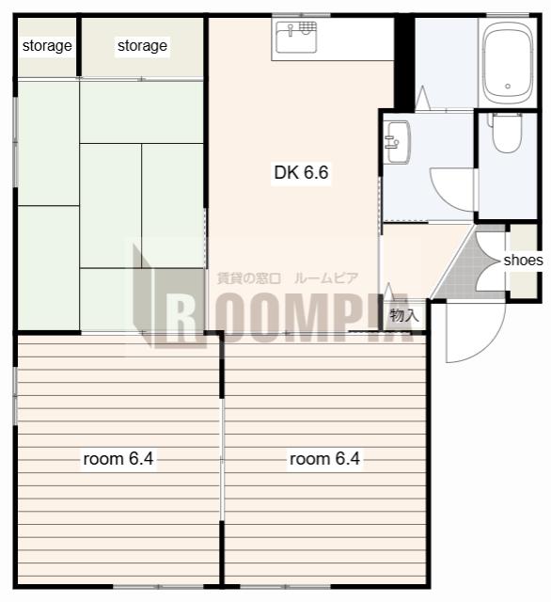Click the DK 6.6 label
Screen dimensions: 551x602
tap(301, 172)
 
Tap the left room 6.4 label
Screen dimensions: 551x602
tap(118, 459)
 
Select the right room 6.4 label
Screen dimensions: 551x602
tap(324, 459)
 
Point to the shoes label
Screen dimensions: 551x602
tap(523, 261)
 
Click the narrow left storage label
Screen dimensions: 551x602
tap(47, 46)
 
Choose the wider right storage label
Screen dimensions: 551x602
tap(142, 46)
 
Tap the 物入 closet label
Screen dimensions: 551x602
tap(403, 316)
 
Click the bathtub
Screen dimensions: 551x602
tap(508, 63)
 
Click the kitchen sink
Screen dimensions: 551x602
tap(296, 37)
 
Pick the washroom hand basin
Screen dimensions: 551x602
tap(397, 142)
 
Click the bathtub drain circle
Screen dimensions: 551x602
tap(508, 86)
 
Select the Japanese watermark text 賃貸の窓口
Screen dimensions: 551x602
tap(249, 278)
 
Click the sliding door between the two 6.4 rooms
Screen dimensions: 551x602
tap(222, 459)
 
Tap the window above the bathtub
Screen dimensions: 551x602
tap(507, 15)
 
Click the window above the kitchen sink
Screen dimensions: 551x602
tap(301, 15)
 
